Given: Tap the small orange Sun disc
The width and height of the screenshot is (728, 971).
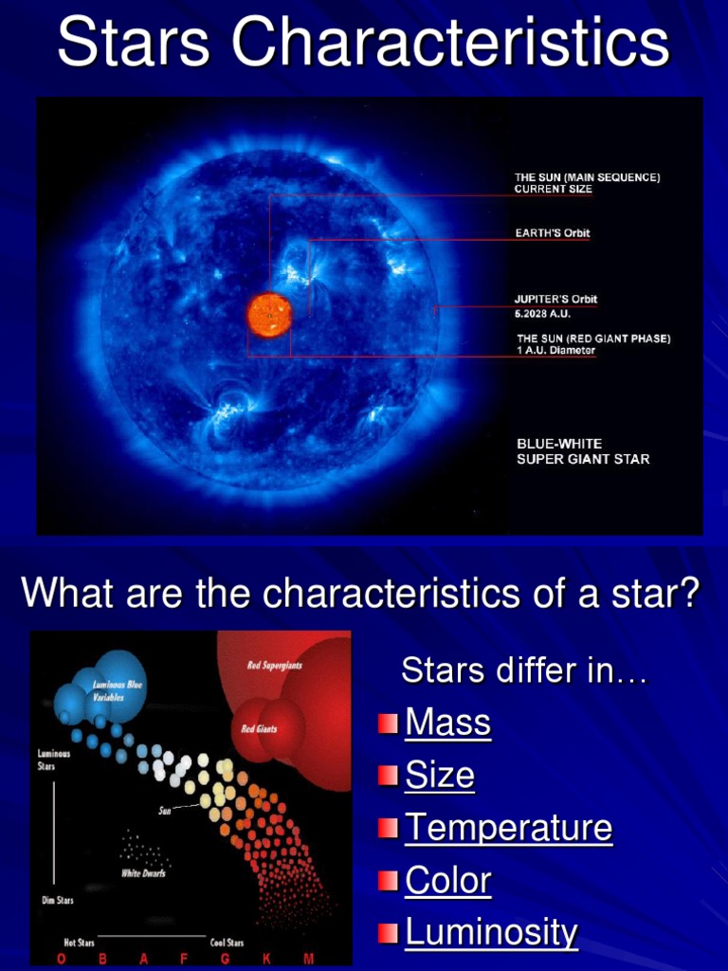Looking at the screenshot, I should tap(269, 315).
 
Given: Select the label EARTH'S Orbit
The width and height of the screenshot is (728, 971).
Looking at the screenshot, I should tap(552, 233).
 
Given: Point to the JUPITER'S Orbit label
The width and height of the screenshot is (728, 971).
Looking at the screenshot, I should tap(555, 300).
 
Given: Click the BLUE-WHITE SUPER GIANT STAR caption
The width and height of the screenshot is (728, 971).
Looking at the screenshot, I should tap(582, 451).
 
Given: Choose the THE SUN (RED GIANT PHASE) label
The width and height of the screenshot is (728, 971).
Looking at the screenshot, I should tap(592, 339).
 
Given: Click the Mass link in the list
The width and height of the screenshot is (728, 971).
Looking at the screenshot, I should tap(447, 724).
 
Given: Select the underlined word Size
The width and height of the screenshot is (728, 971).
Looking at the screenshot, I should tap(440, 777).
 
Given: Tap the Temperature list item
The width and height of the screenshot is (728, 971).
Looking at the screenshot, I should tap(508, 829).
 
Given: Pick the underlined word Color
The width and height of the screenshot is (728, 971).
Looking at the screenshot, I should tap(447, 881).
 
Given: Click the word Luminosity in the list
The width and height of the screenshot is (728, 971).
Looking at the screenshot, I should tap(491, 933).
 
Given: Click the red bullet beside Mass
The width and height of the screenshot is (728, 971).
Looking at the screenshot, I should tap(387, 724).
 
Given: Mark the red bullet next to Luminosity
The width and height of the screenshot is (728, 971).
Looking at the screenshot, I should tap(387, 934).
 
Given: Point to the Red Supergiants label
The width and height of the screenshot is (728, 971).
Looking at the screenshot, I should tap(275, 666).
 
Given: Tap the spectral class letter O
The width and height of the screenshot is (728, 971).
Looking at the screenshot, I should tap(62, 959).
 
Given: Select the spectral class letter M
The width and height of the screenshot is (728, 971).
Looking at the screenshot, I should tap(309, 959).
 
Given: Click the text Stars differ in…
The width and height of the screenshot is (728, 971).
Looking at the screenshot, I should tap(524, 671).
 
